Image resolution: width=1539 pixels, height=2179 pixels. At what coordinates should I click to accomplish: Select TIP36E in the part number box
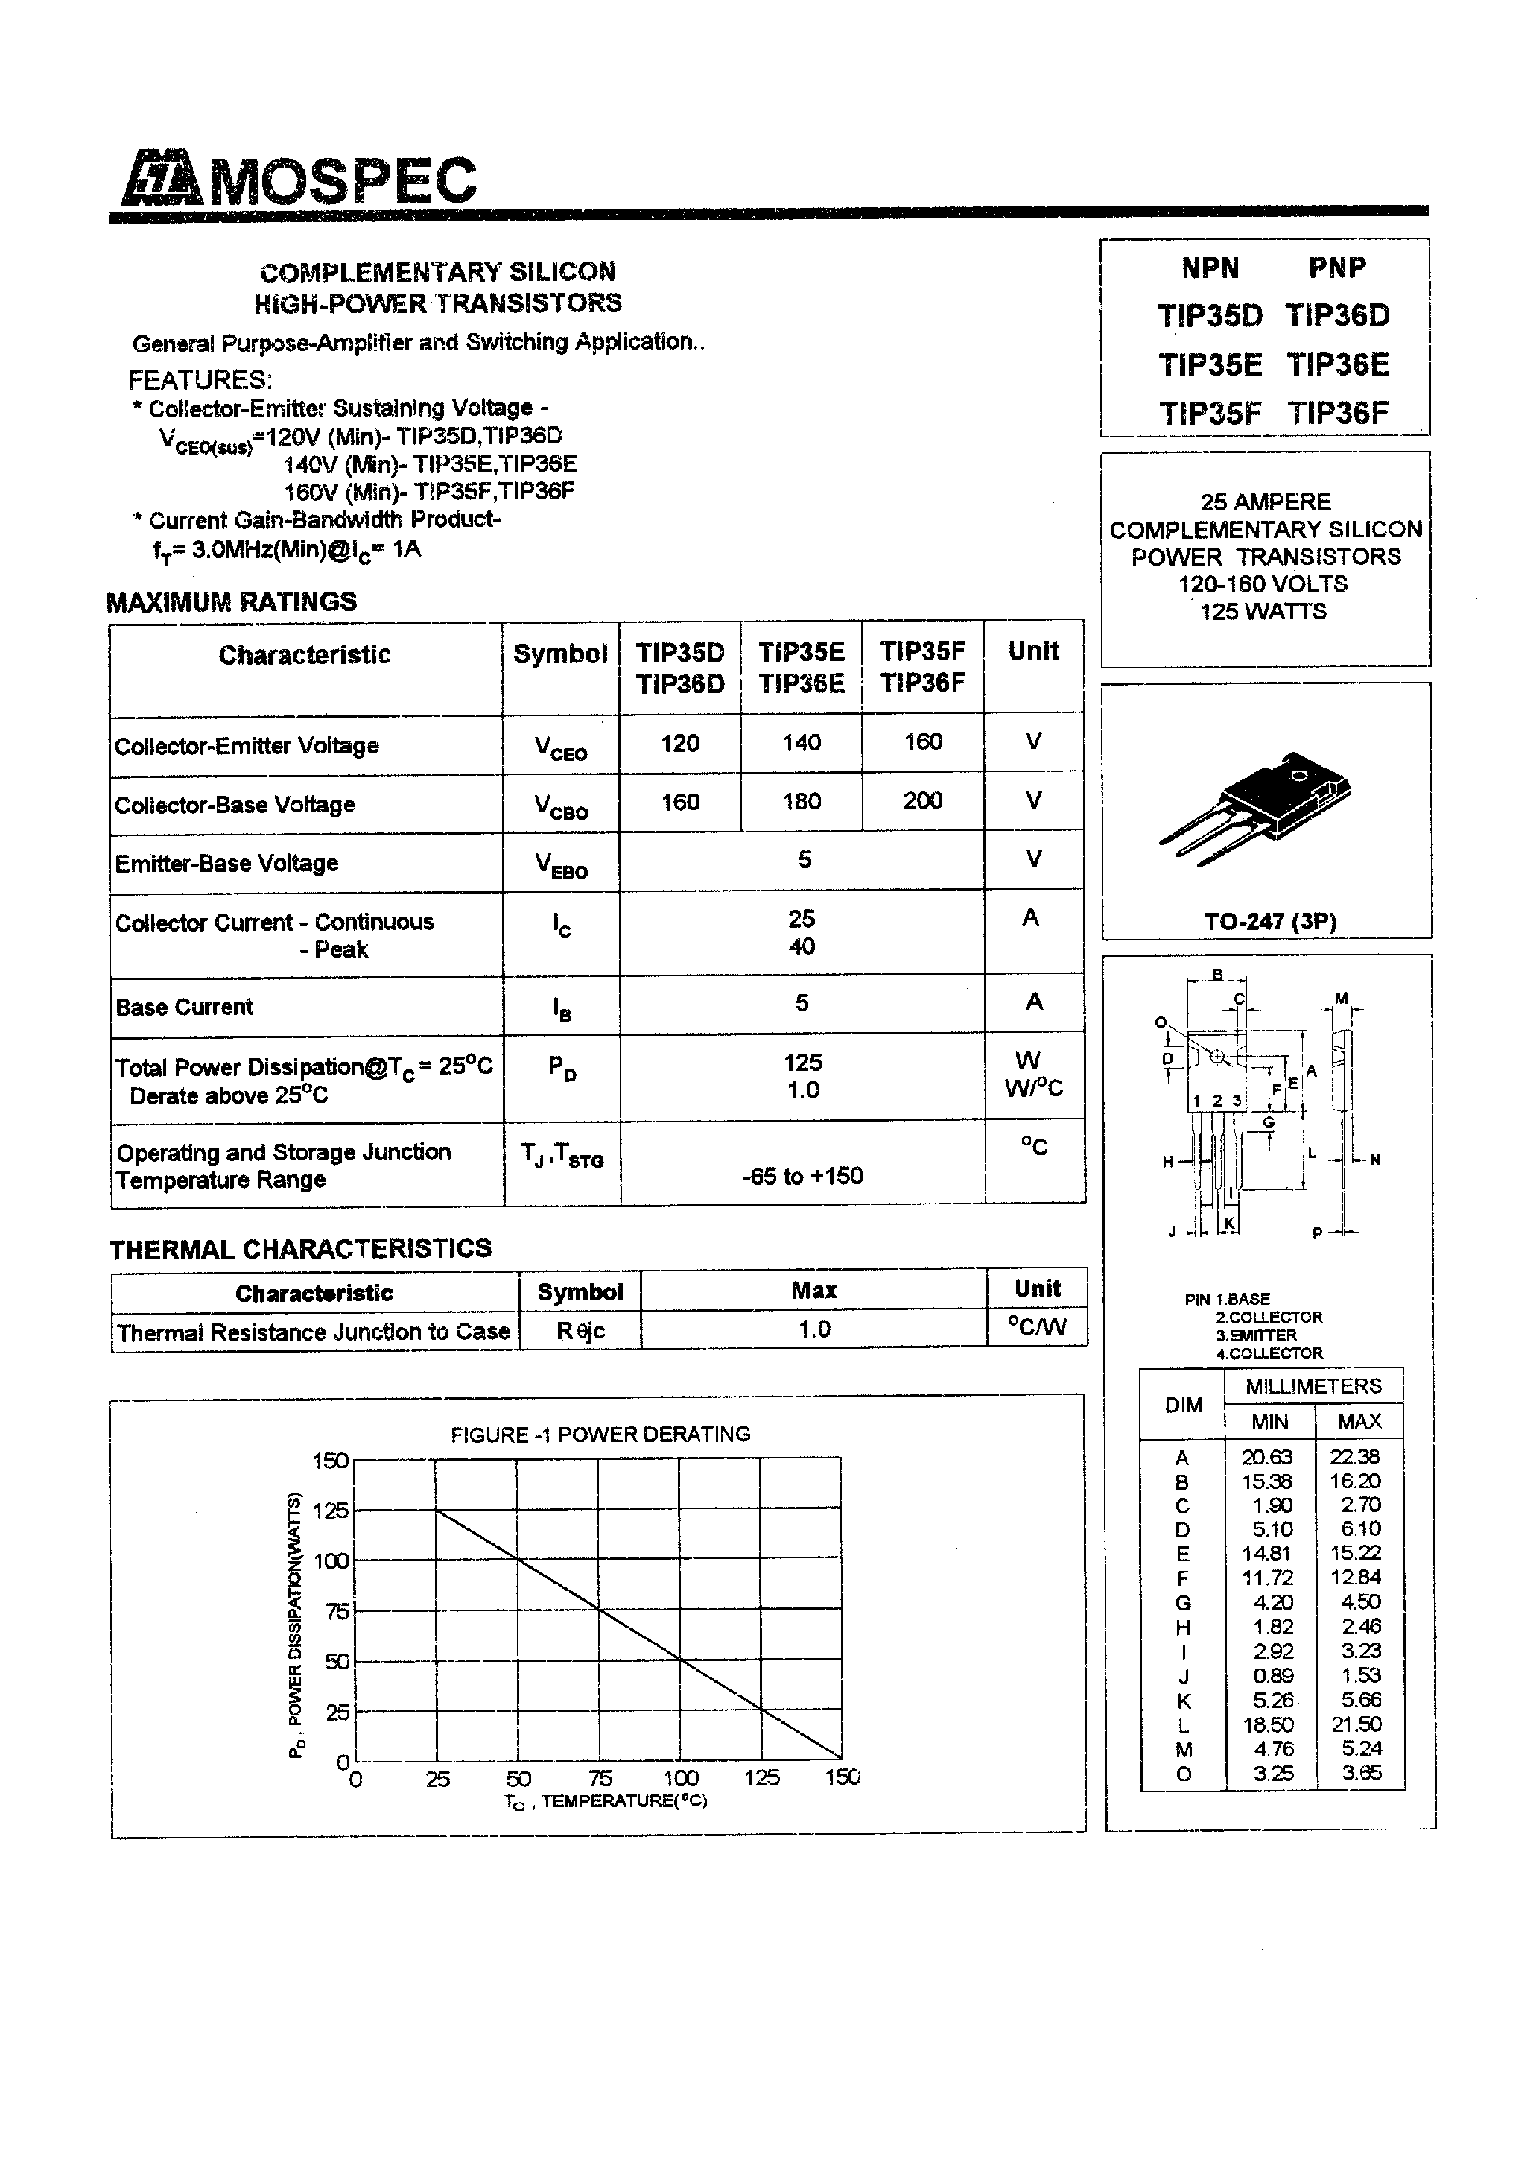click(x=1338, y=365)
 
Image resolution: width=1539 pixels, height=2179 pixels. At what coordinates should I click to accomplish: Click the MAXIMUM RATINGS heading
click(x=232, y=601)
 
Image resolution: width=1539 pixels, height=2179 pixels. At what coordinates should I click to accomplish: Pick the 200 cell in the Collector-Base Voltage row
click(x=922, y=800)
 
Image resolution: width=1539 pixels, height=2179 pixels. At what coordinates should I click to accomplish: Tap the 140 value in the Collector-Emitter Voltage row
click(x=802, y=742)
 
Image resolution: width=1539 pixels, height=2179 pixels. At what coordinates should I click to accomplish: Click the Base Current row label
click(x=184, y=1007)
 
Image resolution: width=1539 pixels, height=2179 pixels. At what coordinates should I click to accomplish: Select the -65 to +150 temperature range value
click(x=803, y=1176)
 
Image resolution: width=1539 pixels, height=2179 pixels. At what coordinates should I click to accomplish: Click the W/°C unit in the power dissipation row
click(x=1034, y=1087)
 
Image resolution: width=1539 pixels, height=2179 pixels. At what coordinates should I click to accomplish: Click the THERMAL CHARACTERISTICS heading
click(x=301, y=1249)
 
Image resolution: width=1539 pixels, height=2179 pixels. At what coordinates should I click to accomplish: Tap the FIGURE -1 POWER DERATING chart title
click(x=600, y=1434)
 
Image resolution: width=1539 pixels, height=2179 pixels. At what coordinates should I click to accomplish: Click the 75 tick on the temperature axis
click(x=600, y=1777)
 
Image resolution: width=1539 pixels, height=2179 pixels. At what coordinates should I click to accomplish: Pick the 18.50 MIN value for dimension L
click(x=1269, y=1724)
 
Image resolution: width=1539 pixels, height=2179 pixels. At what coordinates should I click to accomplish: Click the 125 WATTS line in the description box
click(x=1264, y=612)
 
